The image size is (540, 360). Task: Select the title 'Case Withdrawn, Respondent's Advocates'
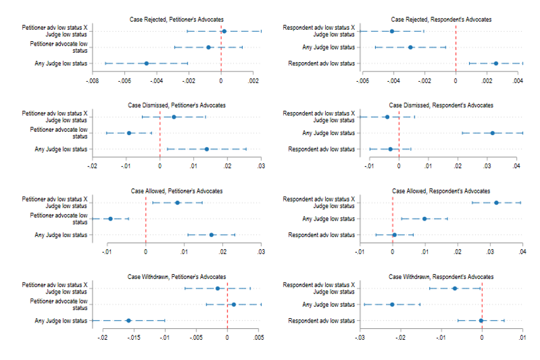coord(440,276)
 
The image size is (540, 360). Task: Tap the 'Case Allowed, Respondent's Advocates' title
coord(440,191)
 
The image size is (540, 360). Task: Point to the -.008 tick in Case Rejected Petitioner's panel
coord(93,82)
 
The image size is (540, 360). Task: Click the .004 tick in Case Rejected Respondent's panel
coord(518,82)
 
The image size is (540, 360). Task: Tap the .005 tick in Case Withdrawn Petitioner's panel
coord(259,338)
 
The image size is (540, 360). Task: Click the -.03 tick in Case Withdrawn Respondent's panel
coord(360,338)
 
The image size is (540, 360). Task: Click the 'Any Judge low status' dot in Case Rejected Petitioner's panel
coord(146,63)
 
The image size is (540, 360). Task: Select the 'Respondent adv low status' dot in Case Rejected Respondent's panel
coord(496,63)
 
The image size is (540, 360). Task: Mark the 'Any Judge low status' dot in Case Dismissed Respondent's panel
coord(492,133)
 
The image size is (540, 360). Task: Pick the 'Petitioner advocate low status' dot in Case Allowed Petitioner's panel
coord(110,219)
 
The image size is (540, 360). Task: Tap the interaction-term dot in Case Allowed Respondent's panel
coord(496,203)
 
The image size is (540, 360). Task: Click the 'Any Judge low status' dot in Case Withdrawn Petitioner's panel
coord(129,321)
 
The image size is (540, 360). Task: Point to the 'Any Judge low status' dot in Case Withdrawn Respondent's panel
coord(392,304)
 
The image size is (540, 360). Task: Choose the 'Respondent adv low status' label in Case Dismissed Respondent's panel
coord(321,150)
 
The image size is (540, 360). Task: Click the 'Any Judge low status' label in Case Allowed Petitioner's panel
coord(61,235)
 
